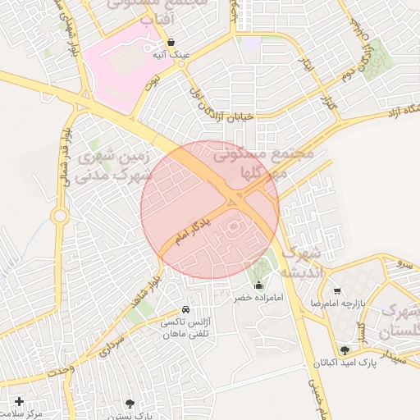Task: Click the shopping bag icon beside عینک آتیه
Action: pos(171,42)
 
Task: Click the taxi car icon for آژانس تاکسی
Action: pos(186,310)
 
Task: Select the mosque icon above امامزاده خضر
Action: pos(259,285)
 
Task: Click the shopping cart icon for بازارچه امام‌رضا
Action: pos(337,290)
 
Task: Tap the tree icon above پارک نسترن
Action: pos(129,403)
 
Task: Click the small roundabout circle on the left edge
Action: pos(59,217)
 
